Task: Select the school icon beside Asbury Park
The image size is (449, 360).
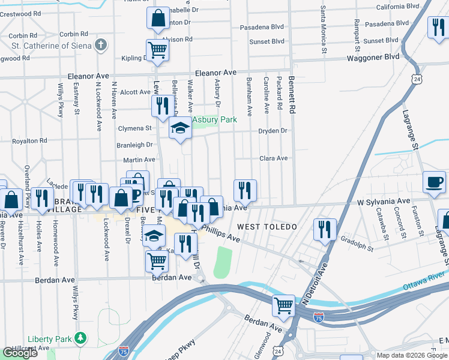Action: pos(179,128)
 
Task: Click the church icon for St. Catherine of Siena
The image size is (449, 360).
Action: pos(101,44)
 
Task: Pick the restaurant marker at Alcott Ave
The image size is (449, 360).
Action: pos(161,107)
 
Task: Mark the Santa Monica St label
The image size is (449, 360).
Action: pos(323,29)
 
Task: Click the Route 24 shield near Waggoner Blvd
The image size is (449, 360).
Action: pos(416,79)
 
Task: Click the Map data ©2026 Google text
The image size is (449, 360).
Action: pos(412,355)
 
